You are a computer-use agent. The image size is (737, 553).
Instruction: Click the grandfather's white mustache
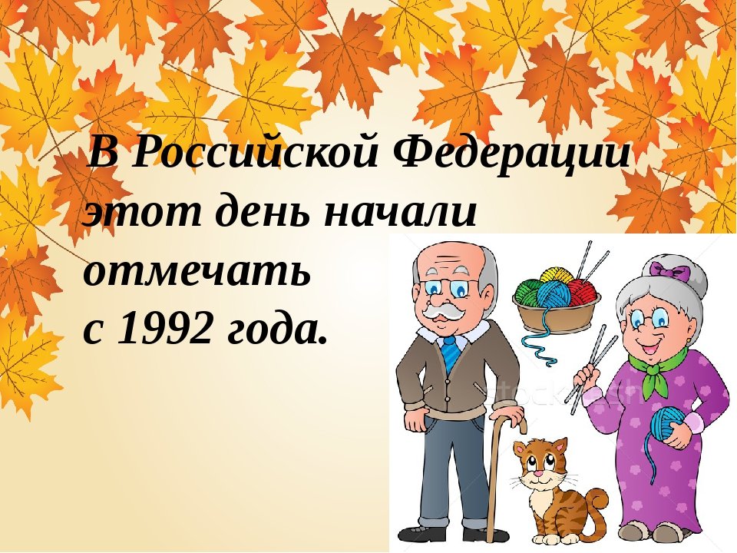point(442,312)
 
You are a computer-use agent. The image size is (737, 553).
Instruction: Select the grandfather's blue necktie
point(451,353)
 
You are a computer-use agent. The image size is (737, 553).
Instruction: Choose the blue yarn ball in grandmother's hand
point(665,424)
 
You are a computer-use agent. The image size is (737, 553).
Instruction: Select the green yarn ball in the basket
point(527,292)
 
